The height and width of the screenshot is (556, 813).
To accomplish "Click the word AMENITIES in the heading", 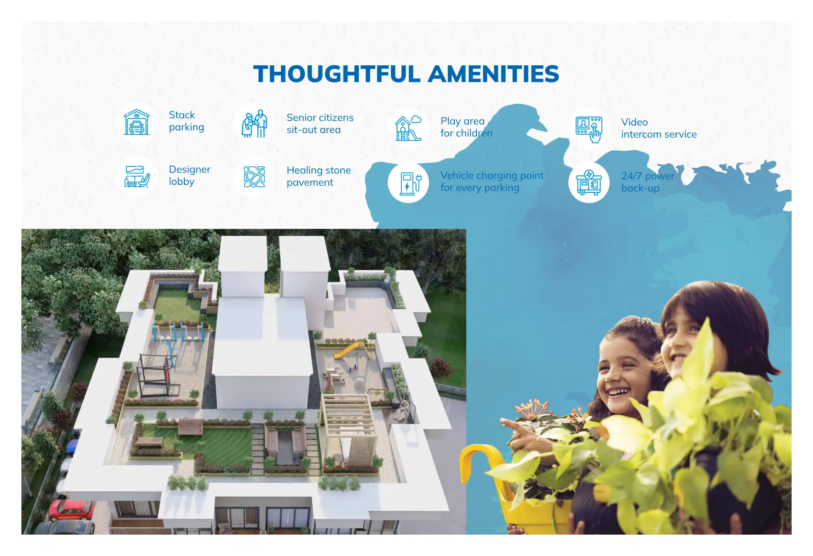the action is tap(494, 74).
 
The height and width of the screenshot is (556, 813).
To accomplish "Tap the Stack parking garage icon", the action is tap(137, 122).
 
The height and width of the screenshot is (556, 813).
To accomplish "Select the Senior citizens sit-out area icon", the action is tap(254, 124).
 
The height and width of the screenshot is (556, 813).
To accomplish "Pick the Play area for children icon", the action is tap(408, 128).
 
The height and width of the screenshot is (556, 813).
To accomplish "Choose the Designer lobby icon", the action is tap(137, 176).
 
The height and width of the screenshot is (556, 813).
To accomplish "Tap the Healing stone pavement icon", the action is tap(254, 177).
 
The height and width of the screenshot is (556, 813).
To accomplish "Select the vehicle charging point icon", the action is tap(408, 183).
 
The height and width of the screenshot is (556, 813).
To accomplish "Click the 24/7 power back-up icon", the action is tap(589, 183).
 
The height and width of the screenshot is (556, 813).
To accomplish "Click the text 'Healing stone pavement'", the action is tap(319, 176).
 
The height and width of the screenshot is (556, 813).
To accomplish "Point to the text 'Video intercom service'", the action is tap(658, 128).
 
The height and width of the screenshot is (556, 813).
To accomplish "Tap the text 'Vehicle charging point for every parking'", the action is tap(492, 181).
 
